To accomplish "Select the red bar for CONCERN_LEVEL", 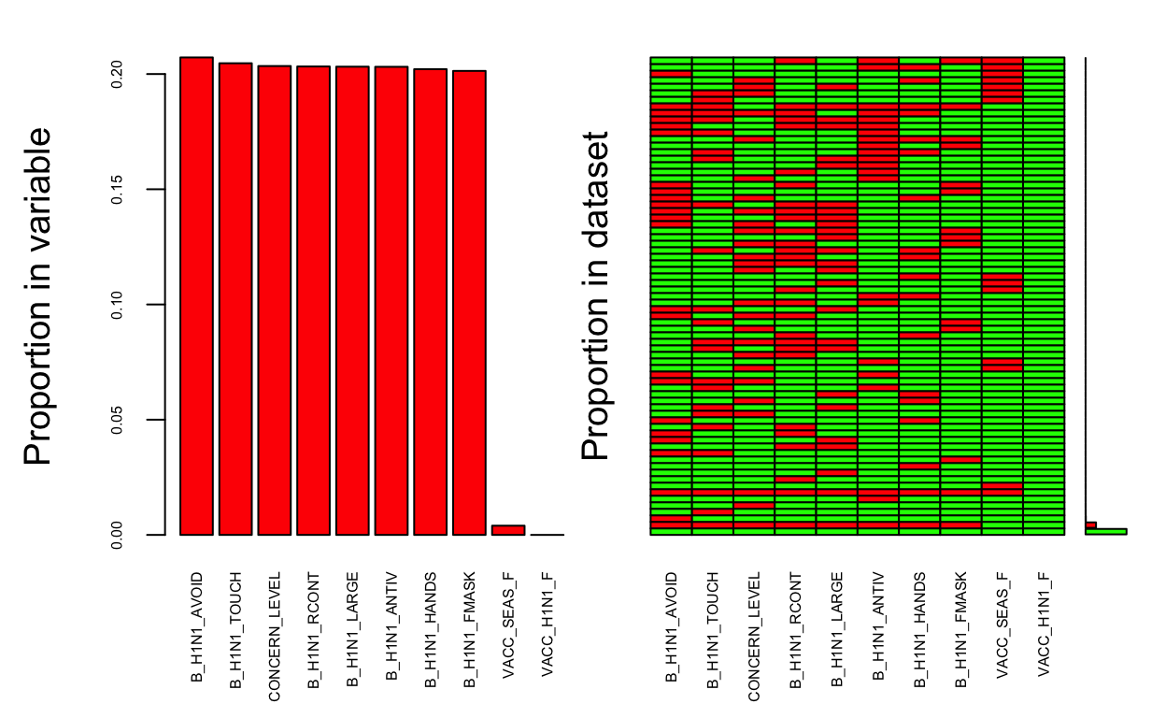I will pos(274,300).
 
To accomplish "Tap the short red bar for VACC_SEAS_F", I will pos(507,530).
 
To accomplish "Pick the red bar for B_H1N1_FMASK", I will pos(469,302).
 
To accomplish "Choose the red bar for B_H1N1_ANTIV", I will pos(391,300).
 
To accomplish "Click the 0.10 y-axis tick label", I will pos(116,305).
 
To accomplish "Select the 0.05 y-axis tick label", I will pos(116,420).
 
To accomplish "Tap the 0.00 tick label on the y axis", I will pos(116,535).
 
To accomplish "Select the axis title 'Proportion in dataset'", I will pos(595,295).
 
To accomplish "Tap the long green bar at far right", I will pos(1106,531).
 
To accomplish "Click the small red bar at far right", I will pos(1091,525).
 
